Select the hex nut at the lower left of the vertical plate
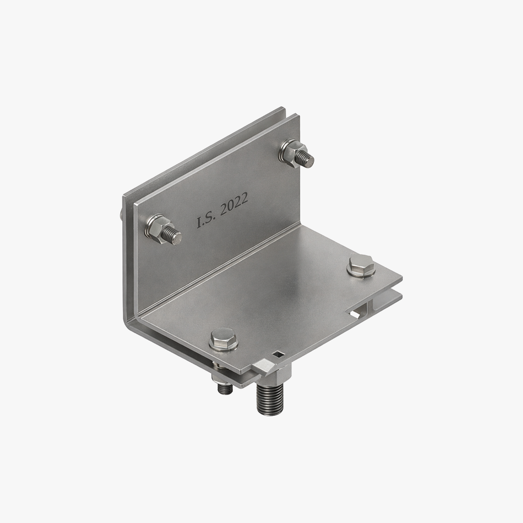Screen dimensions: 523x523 pos(157,227)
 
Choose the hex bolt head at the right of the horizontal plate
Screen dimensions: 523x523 pos(361,265)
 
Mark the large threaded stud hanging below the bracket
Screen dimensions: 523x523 pos(270,399)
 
